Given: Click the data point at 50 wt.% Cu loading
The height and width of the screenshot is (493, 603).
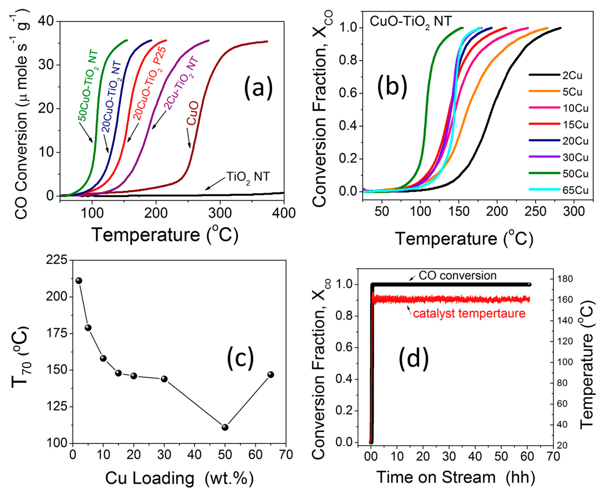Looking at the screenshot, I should coord(225,427).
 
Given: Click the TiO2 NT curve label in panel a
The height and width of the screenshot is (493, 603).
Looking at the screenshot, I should coord(248,178).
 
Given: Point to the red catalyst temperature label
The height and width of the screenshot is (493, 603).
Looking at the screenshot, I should coord(469,313).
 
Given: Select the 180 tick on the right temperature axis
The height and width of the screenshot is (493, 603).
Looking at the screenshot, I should coord(564,279).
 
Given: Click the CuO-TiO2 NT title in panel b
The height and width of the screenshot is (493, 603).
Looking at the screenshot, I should coord(411,22).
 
